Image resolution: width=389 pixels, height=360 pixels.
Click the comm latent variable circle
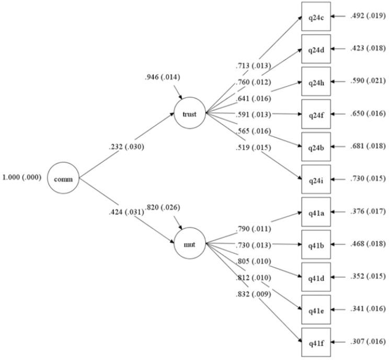tap(63, 179)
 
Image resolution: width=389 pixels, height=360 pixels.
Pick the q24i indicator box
tap(316, 179)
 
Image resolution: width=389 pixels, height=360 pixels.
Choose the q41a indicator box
tap(316, 212)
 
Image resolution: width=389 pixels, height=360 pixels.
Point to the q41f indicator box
tap(316, 342)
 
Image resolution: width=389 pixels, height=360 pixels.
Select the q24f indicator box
tap(316, 114)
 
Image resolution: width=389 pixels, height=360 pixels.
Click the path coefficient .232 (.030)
tap(123, 147)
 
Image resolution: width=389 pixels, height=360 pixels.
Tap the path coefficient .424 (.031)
tap(123, 212)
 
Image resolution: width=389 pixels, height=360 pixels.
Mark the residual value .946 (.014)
tap(162, 78)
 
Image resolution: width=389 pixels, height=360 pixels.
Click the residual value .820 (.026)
tap(163, 208)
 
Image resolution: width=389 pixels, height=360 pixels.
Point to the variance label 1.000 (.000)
tap(22, 177)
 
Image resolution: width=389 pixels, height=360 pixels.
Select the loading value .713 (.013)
tap(253, 66)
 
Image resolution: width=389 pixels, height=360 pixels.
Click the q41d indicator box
tap(316, 277)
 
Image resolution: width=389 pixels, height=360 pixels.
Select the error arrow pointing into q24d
tap(339, 49)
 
